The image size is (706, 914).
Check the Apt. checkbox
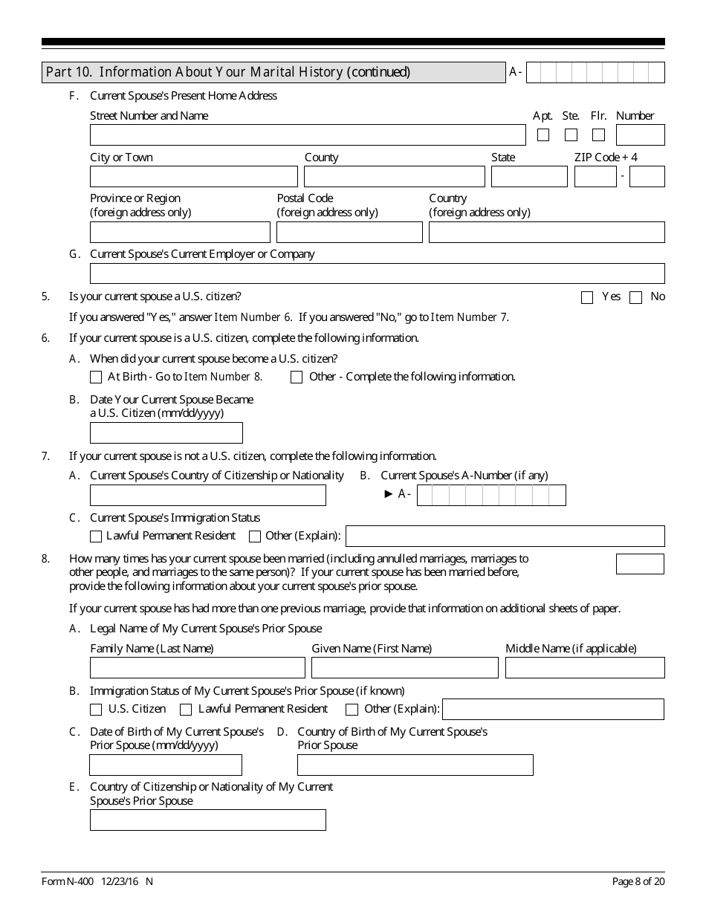click(543, 135)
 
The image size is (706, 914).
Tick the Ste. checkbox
click(571, 135)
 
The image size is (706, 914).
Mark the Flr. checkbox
click(598, 135)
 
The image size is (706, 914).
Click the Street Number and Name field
click(308, 135)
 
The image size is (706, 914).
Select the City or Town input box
click(193, 177)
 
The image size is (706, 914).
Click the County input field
click(394, 177)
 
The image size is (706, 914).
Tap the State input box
click(529, 177)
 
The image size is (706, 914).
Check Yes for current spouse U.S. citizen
click(587, 298)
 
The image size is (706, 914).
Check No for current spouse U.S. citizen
click(635, 298)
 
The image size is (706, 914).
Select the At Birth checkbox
click(96, 377)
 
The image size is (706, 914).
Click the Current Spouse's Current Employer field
click(377, 273)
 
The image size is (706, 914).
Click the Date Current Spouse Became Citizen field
click(166, 432)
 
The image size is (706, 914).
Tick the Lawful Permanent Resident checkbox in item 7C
click(96, 537)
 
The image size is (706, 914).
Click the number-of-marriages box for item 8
click(640, 564)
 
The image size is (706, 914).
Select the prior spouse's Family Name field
click(198, 668)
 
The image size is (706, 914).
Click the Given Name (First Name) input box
click(404, 668)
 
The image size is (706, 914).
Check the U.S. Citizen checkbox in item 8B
click(96, 710)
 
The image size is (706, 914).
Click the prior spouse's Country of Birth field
click(415, 765)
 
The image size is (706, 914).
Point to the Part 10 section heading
click(228, 72)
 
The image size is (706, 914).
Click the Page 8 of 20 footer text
click(638, 881)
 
